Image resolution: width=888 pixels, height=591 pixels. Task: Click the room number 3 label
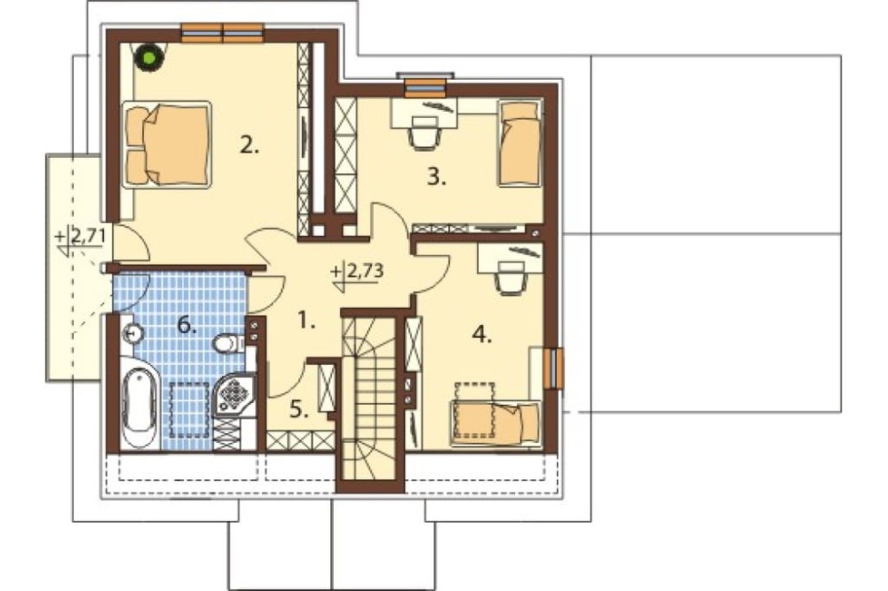pos(437,177)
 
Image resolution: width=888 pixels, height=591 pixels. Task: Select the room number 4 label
pos(482,335)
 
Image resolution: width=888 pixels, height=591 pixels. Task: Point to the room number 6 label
pos(187,325)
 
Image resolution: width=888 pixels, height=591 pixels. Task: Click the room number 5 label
pos(299,409)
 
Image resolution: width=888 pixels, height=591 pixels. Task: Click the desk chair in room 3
pos(424,132)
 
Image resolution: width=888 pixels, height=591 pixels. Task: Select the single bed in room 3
pos(519,143)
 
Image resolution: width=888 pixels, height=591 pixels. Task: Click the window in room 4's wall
pos(553,368)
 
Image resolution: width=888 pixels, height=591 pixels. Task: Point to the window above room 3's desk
pos(424,85)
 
